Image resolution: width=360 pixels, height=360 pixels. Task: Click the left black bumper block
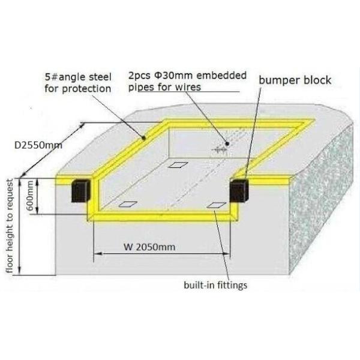[x=80, y=191]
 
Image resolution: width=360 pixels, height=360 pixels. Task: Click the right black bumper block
[x=239, y=191]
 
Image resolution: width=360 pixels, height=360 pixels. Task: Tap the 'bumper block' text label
[x=295, y=80]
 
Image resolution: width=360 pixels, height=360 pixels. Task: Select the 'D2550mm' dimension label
[x=38, y=145]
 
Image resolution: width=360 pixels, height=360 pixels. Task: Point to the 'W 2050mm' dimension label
[x=149, y=247]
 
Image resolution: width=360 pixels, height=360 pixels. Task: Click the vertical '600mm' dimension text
[x=30, y=196]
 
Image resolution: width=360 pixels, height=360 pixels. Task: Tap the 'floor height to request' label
[x=10, y=226]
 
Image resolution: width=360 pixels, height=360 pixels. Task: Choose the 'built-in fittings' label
[x=215, y=285]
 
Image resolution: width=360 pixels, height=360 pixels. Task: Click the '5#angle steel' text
[x=78, y=77]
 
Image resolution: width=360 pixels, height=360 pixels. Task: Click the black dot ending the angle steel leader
[x=144, y=138]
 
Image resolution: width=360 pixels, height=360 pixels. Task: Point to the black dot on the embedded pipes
[x=227, y=144]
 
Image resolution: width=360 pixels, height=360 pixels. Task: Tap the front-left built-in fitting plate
[x=128, y=204]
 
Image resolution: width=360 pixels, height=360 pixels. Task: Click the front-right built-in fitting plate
[x=217, y=205]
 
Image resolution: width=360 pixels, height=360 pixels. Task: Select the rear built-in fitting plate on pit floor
[x=178, y=165]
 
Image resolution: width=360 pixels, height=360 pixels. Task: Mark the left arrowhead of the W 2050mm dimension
[x=98, y=254]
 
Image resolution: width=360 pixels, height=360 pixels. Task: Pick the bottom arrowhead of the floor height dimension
[x=20, y=271]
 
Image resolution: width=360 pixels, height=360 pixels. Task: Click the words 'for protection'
[x=78, y=89]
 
